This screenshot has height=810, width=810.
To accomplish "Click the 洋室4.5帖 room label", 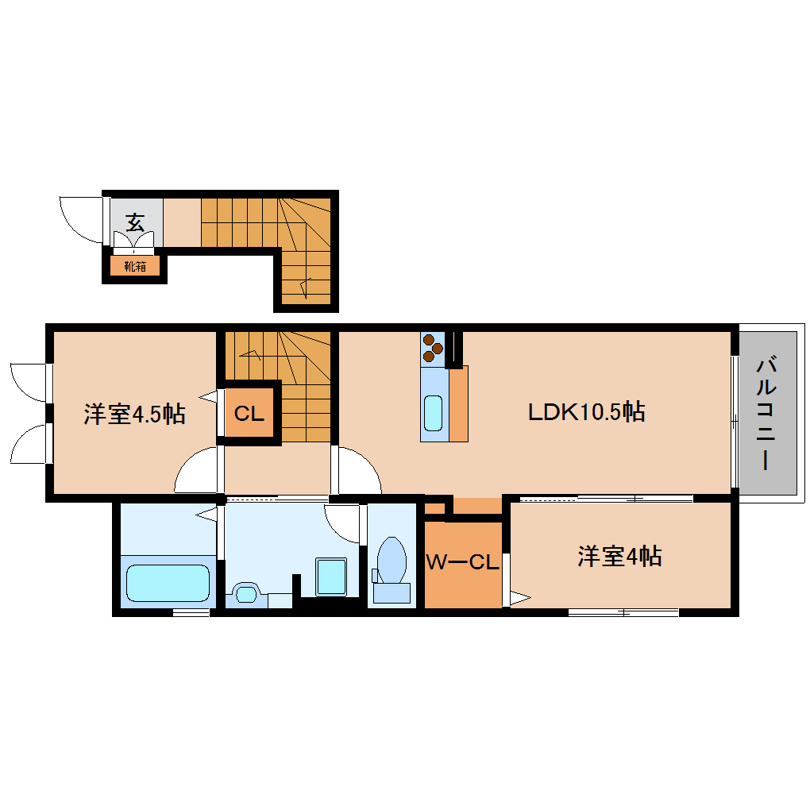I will [x=134, y=414].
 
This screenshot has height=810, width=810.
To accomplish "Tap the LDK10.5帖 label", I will [x=586, y=411].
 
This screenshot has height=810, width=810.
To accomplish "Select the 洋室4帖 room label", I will [x=619, y=557].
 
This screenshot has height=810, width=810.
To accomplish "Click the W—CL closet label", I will [x=462, y=562].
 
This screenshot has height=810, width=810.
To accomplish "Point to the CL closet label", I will [x=249, y=413].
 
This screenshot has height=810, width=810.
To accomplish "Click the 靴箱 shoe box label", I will [x=135, y=266].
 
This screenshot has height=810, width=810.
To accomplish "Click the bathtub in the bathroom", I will [x=168, y=584].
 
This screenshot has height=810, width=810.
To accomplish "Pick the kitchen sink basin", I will [x=433, y=413].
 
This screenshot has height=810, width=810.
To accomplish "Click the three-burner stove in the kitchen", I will [x=434, y=346].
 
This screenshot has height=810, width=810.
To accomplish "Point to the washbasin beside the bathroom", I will [x=247, y=592].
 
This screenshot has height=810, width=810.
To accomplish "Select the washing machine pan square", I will [x=332, y=576].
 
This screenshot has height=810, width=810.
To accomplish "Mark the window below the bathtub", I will [x=191, y=611].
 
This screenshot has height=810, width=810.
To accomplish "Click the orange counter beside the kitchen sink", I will [x=458, y=403].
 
